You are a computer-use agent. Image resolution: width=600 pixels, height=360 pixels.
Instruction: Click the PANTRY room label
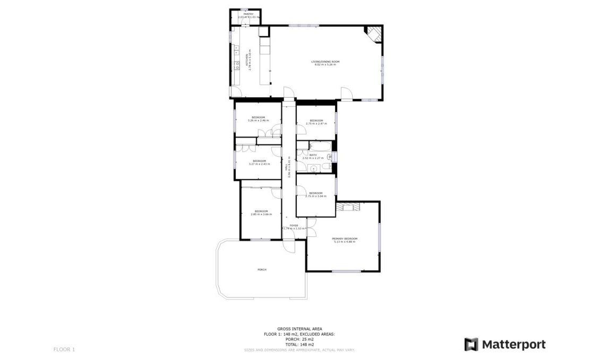tap(242, 14)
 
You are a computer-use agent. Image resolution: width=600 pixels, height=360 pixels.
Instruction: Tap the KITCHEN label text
tap(246, 59)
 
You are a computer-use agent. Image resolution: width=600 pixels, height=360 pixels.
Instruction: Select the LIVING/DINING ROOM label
tap(325, 62)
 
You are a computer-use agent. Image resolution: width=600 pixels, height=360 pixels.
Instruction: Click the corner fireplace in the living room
tap(373, 33)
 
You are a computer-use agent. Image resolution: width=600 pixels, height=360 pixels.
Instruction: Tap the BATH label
tap(313, 155)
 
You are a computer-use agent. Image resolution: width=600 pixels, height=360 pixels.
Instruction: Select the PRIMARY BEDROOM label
tap(345, 239)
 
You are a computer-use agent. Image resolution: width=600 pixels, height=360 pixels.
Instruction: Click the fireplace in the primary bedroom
tap(348, 206)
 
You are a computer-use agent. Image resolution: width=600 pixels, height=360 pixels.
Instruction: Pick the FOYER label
tap(294, 226)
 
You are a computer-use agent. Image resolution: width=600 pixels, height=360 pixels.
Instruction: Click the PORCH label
tap(262, 270)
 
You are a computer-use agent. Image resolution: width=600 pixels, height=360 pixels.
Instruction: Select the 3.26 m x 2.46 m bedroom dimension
tap(258, 121)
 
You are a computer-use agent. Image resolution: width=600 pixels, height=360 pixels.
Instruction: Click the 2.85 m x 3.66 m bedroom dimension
tap(261, 215)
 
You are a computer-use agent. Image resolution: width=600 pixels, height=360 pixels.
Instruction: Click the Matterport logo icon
tap(471, 344)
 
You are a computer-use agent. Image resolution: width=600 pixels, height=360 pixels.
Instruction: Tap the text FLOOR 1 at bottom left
tap(64, 349)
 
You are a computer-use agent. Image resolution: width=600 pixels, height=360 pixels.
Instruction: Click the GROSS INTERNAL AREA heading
tap(299, 329)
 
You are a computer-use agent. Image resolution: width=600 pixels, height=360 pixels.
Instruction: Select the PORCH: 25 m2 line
tap(299, 339)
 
